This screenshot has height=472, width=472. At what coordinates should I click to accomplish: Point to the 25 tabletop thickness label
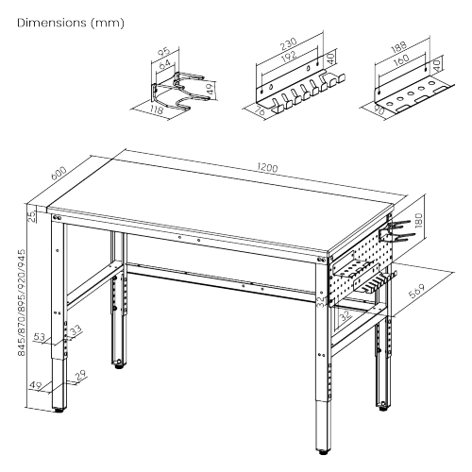30,216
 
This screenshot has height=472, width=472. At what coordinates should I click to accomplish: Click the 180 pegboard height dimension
432,226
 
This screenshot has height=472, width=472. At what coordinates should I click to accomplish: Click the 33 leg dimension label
75,329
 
